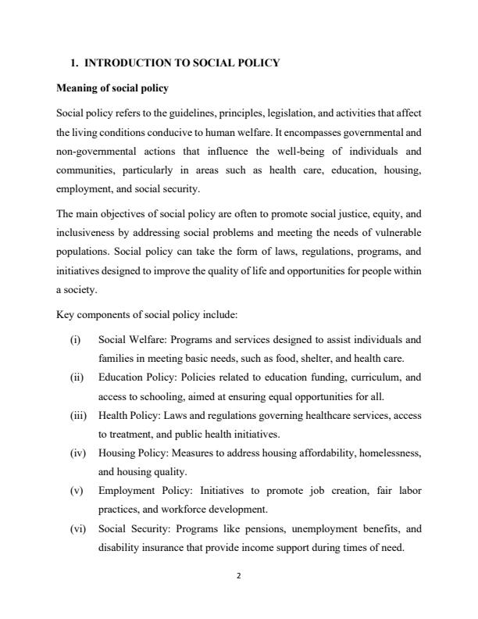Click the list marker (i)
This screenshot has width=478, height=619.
[75, 340]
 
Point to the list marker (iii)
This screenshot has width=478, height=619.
[77, 415]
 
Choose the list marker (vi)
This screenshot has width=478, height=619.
[77, 528]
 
